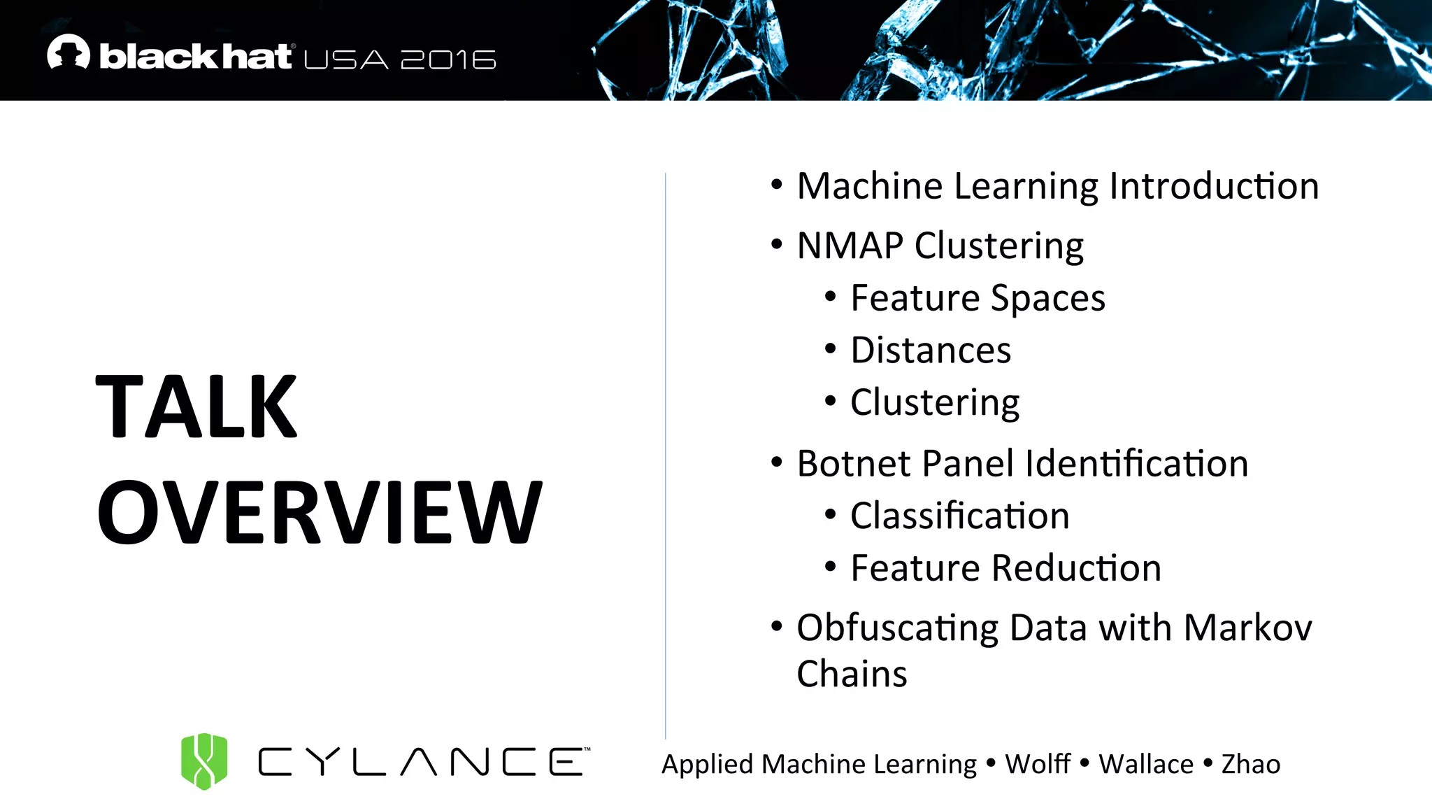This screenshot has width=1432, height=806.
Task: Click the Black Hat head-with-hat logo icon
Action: [x=69, y=52]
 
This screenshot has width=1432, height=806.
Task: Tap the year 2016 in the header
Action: [x=448, y=60]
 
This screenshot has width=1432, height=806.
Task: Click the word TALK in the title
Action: [x=196, y=406]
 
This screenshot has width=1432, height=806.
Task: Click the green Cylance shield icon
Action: [x=204, y=761]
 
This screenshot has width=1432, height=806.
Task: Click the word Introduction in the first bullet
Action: [x=1214, y=187]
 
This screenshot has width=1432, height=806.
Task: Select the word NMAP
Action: [x=850, y=246]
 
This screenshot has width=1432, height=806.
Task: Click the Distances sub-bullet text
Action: [x=931, y=351]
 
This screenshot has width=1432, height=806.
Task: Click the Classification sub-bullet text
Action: [x=959, y=516]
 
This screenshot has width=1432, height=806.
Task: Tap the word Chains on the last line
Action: [x=852, y=674]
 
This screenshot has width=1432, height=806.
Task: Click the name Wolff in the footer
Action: [x=1038, y=764]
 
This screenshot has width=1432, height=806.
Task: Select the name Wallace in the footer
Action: [x=1146, y=764]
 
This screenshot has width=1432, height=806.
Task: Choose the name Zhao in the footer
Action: [x=1251, y=764]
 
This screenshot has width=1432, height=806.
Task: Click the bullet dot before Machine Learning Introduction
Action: [x=776, y=185]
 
